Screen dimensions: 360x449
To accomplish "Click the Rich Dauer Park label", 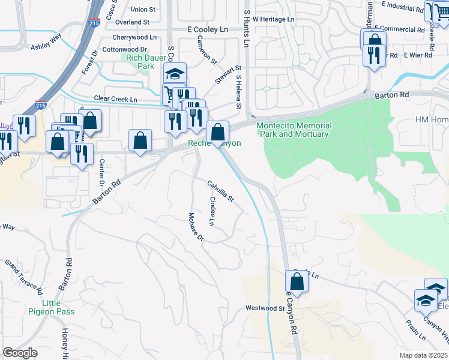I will click(x=137, y=62).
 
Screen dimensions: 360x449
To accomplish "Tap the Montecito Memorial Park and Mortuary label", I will click(x=294, y=130).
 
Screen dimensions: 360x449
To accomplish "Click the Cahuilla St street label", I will click(x=220, y=191).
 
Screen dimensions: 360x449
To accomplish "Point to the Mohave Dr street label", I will click(x=196, y=227).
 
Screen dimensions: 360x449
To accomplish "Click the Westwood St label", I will click(x=265, y=308).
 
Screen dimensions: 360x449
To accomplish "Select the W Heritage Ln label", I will click(x=274, y=19).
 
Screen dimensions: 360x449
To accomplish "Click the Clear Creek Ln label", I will click(x=115, y=99).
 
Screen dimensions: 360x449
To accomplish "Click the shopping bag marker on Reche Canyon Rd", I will click(x=297, y=281).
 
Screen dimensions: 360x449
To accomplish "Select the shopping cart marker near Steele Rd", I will click(x=433, y=11).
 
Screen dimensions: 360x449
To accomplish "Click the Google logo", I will click(x=20, y=353).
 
